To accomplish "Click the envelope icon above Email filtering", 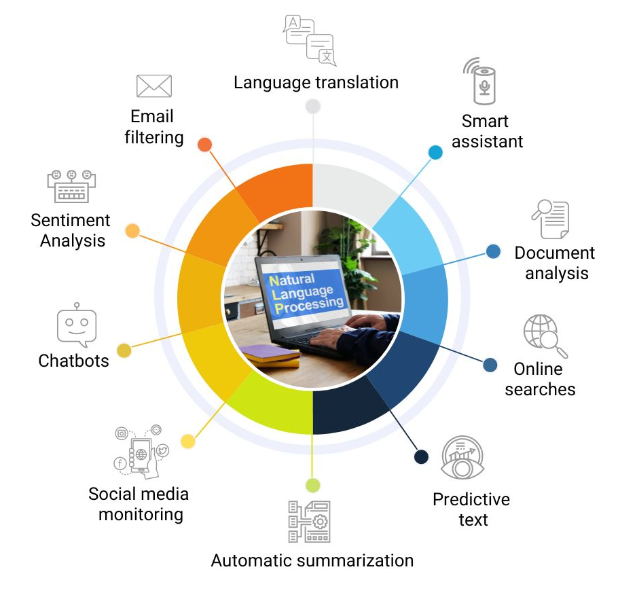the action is pyautogui.click(x=153, y=86).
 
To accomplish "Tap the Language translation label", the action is pyautogui.click(x=316, y=83).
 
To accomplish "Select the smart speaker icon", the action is pyautogui.click(x=480, y=82).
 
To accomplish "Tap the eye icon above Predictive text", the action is pyautogui.click(x=462, y=457).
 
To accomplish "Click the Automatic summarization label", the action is pyautogui.click(x=312, y=560).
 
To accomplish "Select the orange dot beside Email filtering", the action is pyautogui.click(x=204, y=145).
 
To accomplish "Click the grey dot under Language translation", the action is pyautogui.click(x=313, y=107).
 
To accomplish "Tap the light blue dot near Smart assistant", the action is pyautogui.click(x=435, y=153).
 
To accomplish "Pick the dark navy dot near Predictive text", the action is pyautogui.click(x=421, y=456).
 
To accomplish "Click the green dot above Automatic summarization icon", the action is pyautogui.click(x=313, y=485).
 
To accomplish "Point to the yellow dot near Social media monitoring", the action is pyautogui.click(x=188, y=441).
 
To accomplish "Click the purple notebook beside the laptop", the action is pyautogui.click(x=271, y=352).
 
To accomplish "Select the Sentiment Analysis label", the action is pyautogui.click(x=71, y=230).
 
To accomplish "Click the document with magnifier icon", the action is pyautogui.click(x=551, y=219).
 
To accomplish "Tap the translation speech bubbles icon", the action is pyautogui.click(x=310, y=40).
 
